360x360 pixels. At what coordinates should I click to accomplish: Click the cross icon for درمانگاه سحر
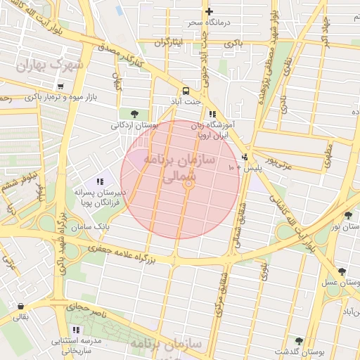click(208, 11)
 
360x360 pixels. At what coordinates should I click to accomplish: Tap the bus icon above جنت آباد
click(186, 91)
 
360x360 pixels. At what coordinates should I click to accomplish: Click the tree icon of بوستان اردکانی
click(134, 113)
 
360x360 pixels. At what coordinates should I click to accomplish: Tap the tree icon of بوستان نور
click(349, 215)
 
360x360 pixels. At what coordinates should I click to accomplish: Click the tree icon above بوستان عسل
click(341, 271)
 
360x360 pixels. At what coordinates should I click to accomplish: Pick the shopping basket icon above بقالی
click(21, 307)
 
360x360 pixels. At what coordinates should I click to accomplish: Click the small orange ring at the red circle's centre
click(188, 184)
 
